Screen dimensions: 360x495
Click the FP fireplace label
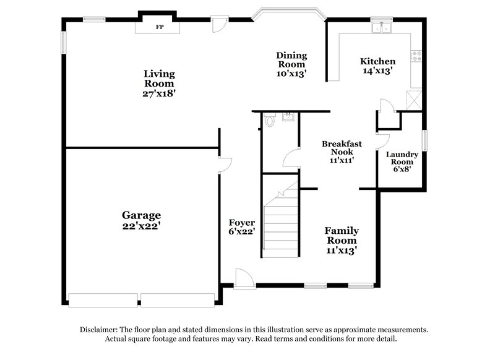tap(159, 27)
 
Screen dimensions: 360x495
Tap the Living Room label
tap(159, 84)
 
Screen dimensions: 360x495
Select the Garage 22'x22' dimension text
tap(141, 226)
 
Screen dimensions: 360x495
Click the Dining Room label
tap(291, 64)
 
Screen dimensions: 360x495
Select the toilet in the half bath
tap(269, 121)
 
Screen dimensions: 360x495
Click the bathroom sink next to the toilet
tap(288, 117)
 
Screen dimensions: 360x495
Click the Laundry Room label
tap(402, 161)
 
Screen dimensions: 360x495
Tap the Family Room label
tap(342, 241)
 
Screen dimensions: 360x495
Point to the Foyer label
tap(242, 227)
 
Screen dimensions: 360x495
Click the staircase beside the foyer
tap(281, 223)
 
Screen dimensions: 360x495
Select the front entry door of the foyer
tap(243, 278)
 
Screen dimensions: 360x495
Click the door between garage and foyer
tap(224, 165)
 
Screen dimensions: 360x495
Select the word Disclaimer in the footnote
tap(101, 330)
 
